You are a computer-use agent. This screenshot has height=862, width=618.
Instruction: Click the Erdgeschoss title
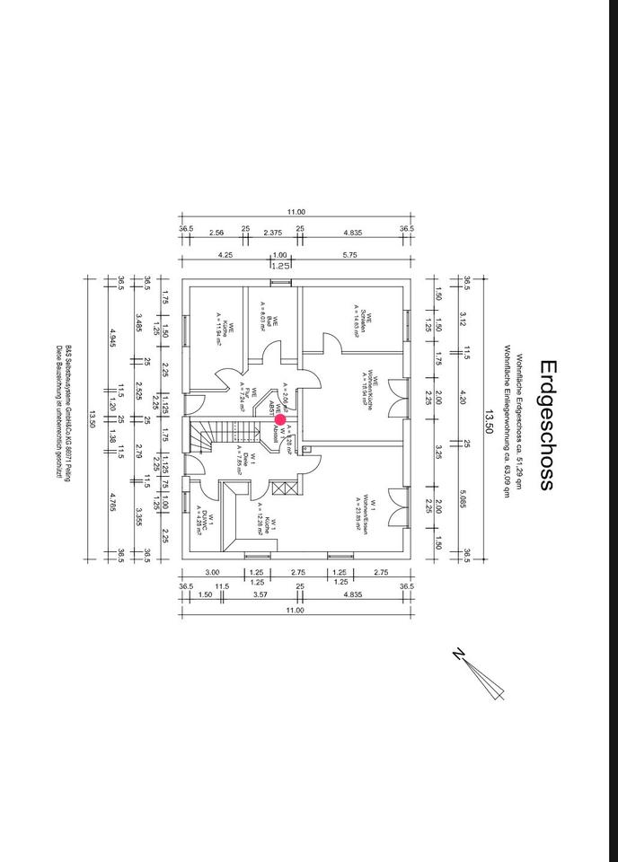[x=547, y=424]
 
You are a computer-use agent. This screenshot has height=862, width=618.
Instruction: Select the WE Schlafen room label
[x=361, y=323]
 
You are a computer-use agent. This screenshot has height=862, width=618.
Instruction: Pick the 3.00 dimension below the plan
[x=213, y=572]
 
